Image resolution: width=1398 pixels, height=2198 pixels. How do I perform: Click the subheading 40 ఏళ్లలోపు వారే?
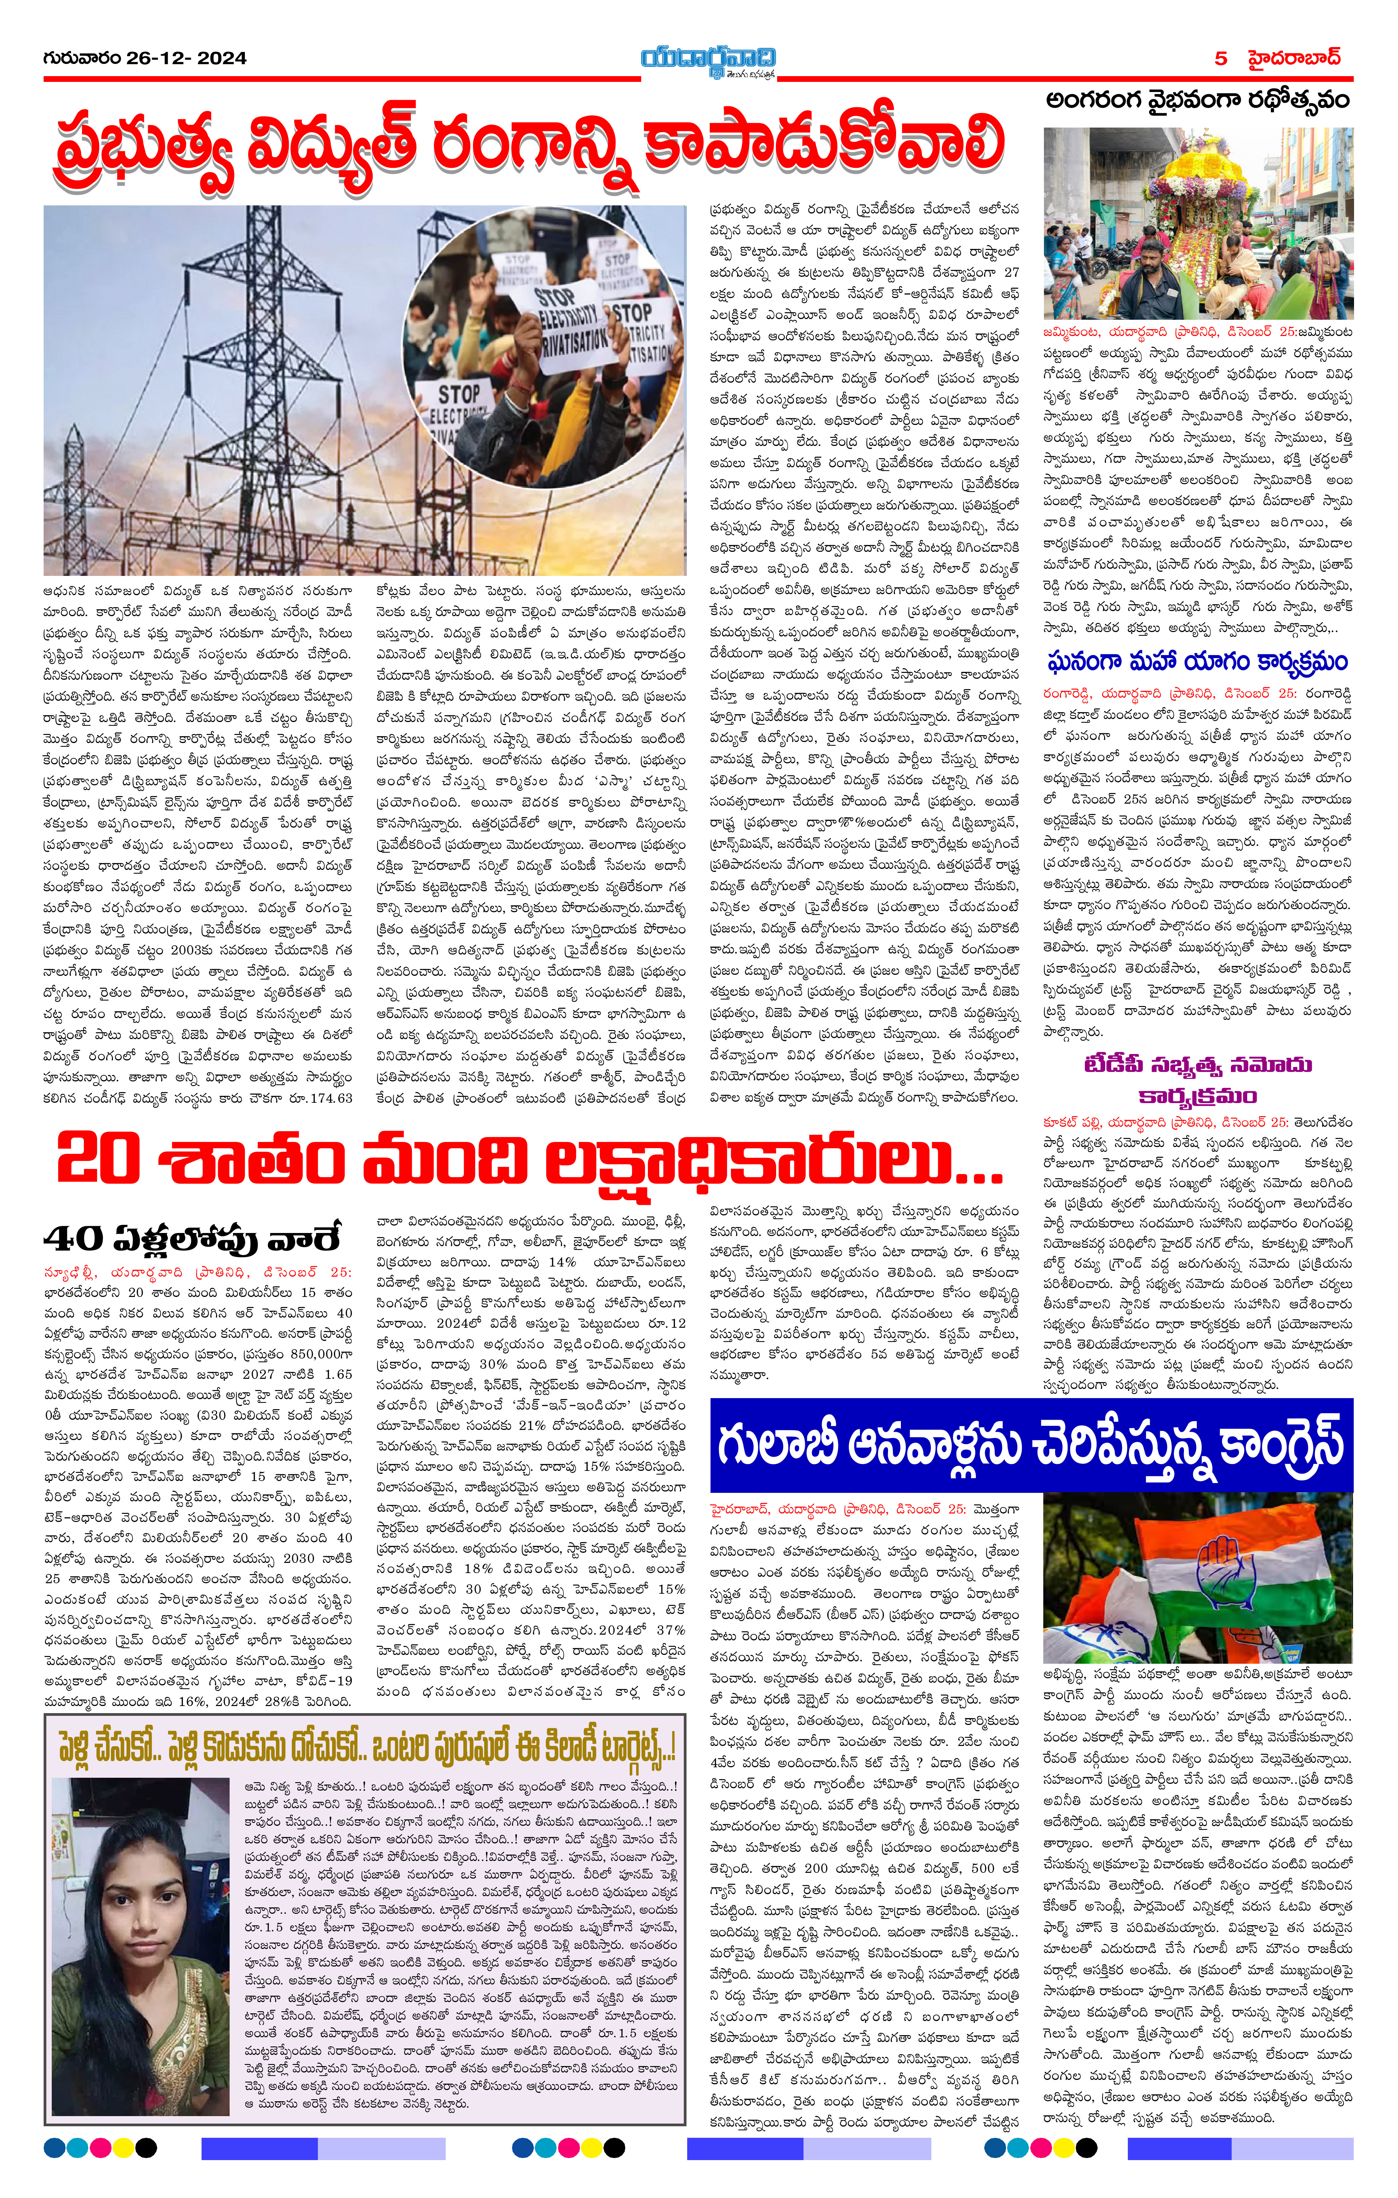pyautogui.click(x=192, y=1239)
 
